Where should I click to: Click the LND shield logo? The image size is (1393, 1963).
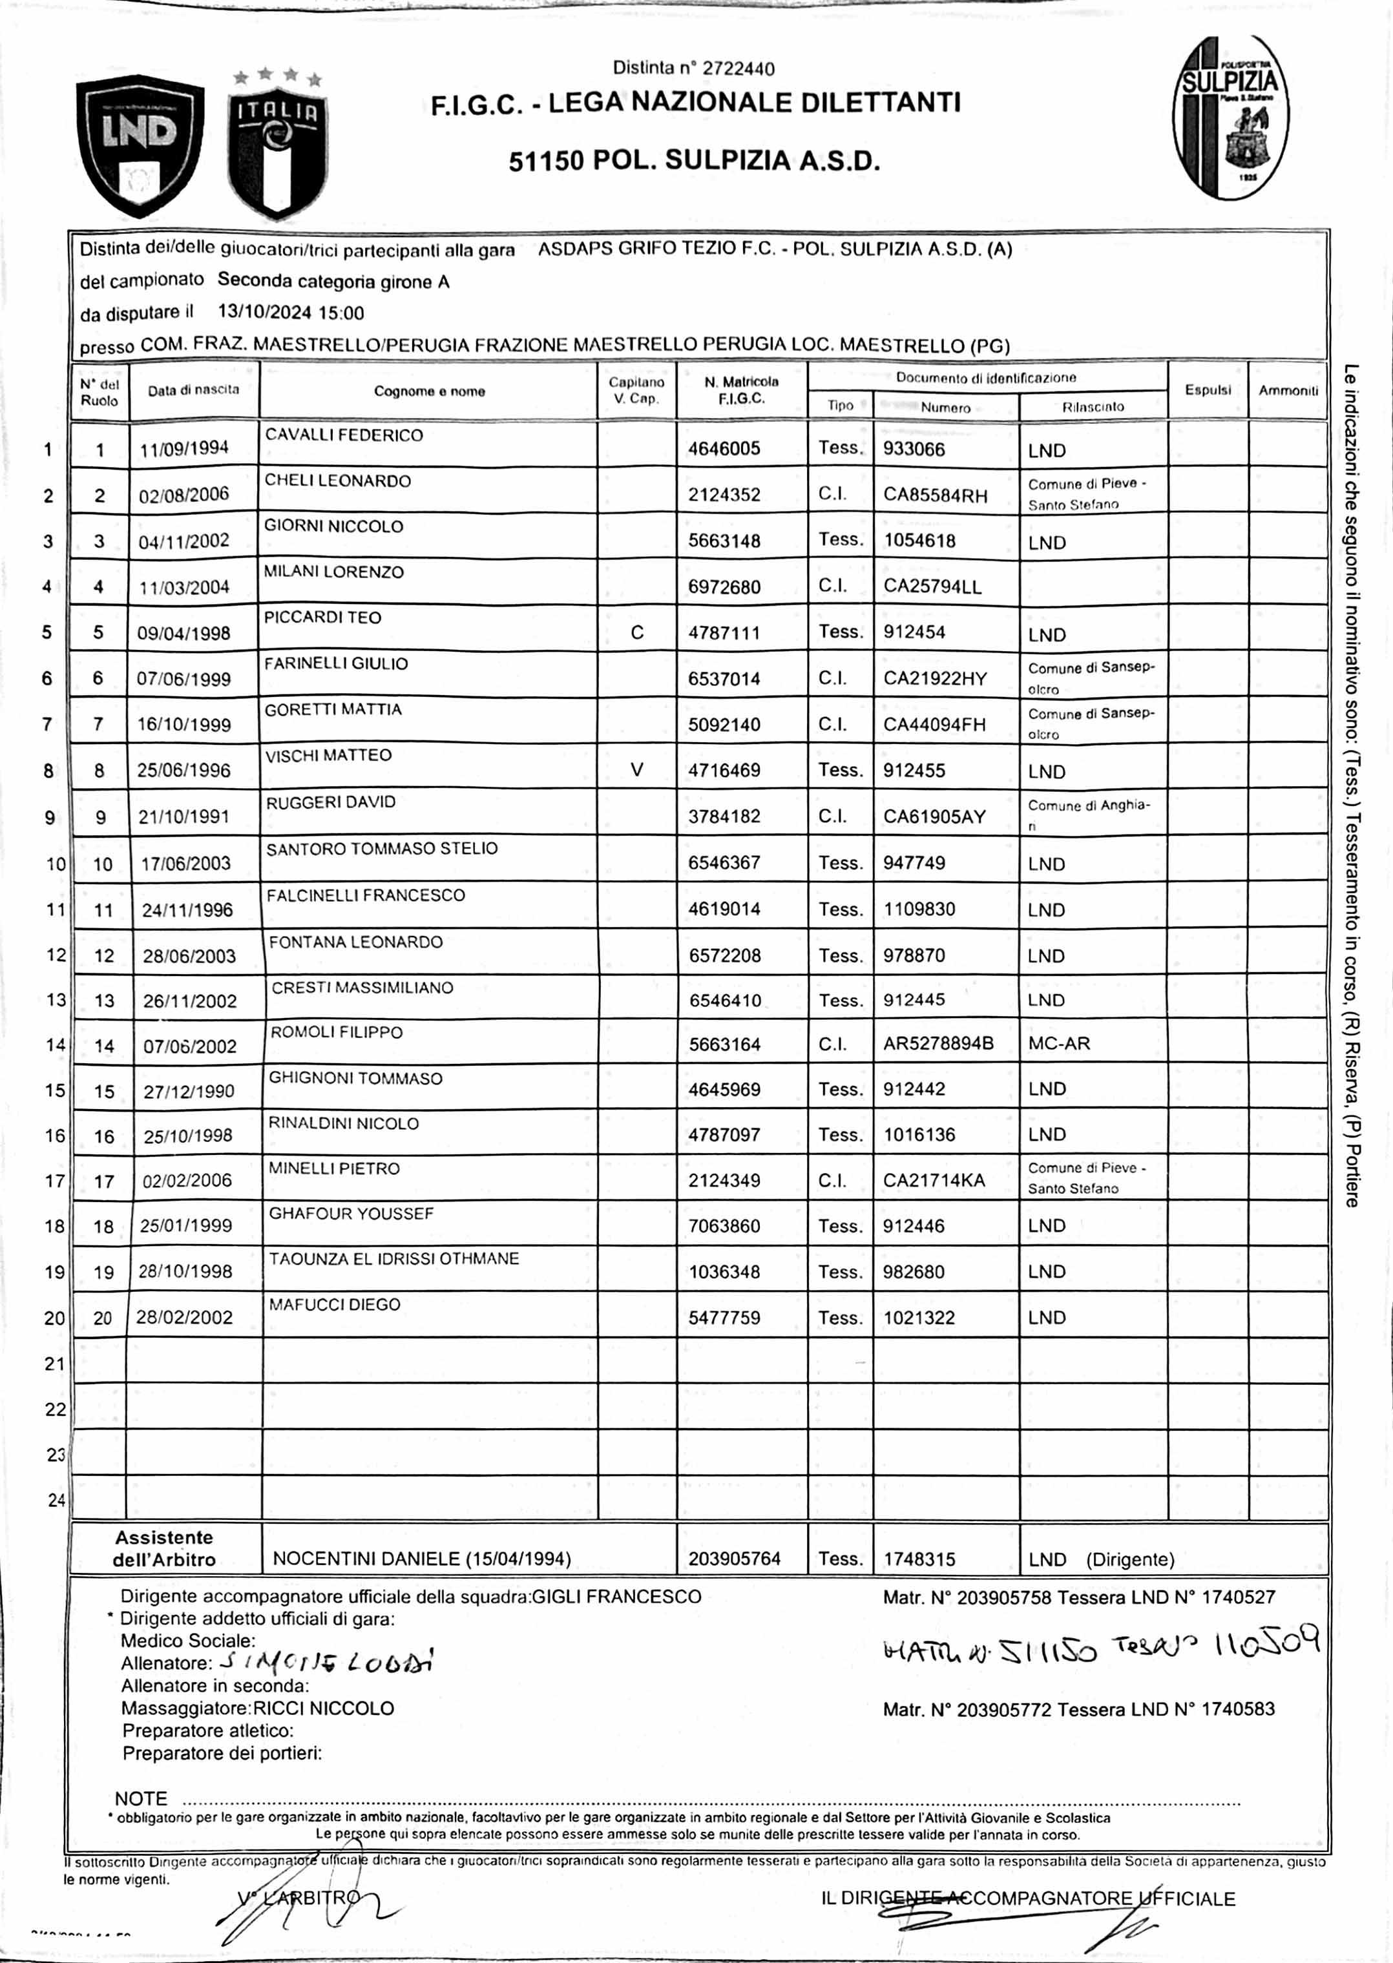pos(140,143)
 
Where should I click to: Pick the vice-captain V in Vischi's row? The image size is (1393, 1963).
pos(636,770)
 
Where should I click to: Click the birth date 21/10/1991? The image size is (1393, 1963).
pos(183,816)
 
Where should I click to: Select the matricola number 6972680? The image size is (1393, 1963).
pos(724,587)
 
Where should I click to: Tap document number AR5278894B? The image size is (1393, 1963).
pos(938,1044)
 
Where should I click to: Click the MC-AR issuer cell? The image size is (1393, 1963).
pos(1060,1044)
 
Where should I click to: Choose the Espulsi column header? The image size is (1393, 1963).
pos(1208,390)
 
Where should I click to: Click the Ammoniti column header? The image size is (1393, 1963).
pos(1288,390)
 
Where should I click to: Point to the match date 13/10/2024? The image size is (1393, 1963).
pos(264,313)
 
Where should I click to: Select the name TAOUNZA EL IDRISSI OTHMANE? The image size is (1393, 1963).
pos(393,1259)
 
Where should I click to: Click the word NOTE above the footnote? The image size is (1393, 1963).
pos(141,1798)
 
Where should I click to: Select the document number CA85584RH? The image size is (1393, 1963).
pos(935,495)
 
